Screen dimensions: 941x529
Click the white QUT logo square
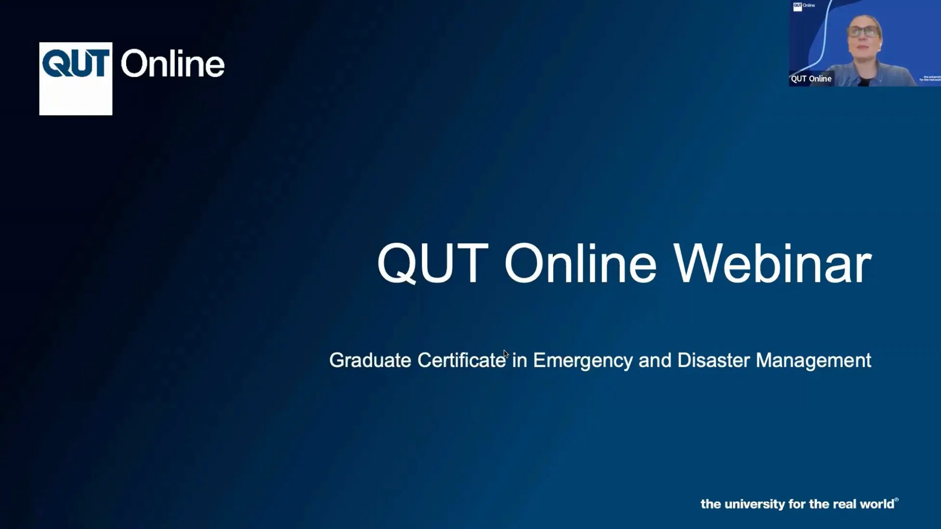coord(76,79)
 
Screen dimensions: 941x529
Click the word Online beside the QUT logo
coord(172,64)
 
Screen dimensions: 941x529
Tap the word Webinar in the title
coord(773,264)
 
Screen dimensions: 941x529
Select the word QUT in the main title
coord(433,264)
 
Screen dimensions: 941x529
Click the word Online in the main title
coord(580,264)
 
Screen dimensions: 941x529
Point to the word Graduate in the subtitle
coord(370,360)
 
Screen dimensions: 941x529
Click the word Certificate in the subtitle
coord(461,360)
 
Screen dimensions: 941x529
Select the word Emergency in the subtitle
coord(583,361)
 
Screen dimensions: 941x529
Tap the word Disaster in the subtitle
coord(713,360)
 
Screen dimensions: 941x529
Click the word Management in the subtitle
coord(813,361)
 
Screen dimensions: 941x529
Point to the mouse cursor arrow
coord(506,354)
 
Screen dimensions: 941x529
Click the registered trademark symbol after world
coord(896,500)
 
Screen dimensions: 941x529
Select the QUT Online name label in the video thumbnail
coord(811,79)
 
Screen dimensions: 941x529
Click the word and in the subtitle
coord(655,360)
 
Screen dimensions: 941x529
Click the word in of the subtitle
coord(520,360)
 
